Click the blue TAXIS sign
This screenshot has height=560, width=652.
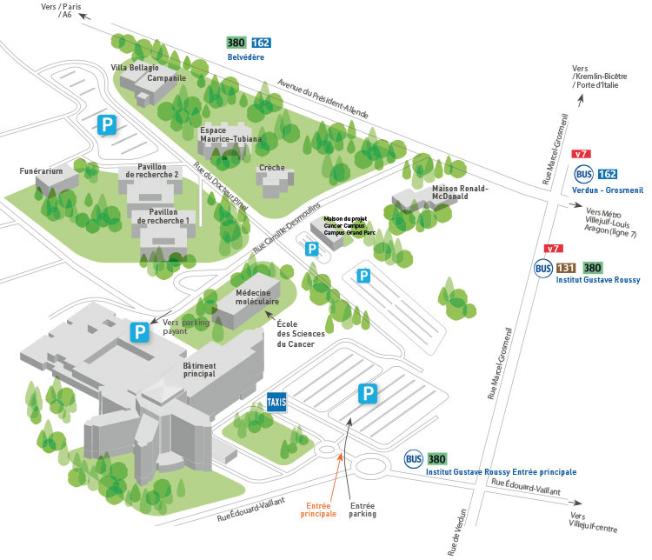pyautogui.click(x=276, y=402)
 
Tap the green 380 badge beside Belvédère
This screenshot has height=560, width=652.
pyautogui.click(x=236, y=42)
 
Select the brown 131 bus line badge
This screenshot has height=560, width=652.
pyautogui.click(x=566, y=268)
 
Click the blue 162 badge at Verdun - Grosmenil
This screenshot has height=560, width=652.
pyautogui.click(x=608, y=174)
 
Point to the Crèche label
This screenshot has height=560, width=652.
pyautogui.click(x=272, y=167)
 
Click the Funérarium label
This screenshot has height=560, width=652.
pyautogui.click(x=42, y=171)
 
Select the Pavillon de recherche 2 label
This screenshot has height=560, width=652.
pyautogui.click(x=153, y=171)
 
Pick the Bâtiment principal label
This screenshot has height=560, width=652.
pyautogui.click(x=205, y=370)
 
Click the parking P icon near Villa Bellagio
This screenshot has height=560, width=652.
pyautogui.click(x=106, y=124)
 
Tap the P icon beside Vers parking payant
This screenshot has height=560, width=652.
pyautogui.click(x=138, y=331)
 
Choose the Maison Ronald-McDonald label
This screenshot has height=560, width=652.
pyautogui.click(x=461, y=192)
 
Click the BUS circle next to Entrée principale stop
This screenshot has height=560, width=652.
pyautogui.click(x=414, y=458)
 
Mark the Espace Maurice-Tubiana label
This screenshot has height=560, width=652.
pyautogui.click(x=230, y=135)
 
